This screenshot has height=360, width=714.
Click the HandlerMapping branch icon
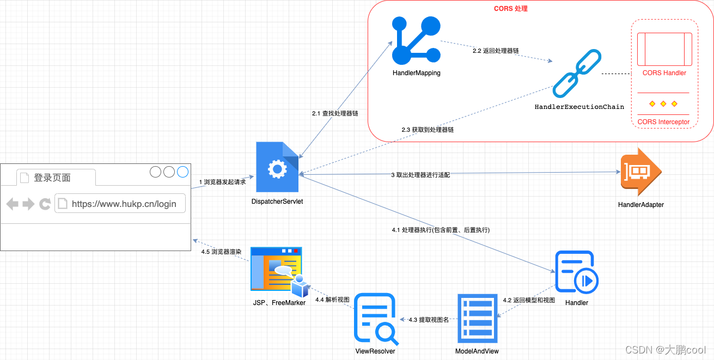coord(416,41)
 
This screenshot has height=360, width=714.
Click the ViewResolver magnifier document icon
coord(375,319)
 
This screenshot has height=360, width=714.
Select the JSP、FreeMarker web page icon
coord(277,271)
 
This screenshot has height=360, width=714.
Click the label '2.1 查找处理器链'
coord(335,114)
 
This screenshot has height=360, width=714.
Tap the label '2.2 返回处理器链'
coord(496,51)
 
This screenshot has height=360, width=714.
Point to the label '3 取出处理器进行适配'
coord(420,175)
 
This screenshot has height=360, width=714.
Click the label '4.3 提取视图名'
coord(429,320)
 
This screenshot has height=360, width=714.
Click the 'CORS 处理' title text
coord(510,9)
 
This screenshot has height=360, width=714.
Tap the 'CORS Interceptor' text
coord(663,122)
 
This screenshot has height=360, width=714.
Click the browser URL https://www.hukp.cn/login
coord(124,204)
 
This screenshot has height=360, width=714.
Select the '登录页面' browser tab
coord(52,178)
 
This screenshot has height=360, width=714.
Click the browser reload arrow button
coord(45,204)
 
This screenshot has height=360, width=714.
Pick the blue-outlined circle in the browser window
coord(182,172)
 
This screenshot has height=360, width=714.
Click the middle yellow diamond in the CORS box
coord(663,103)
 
